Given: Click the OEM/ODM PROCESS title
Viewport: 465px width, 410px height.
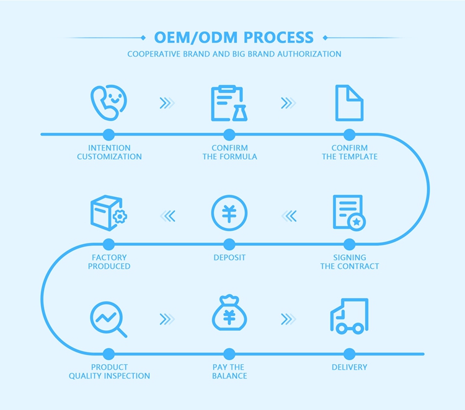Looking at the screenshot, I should tap(234, 37).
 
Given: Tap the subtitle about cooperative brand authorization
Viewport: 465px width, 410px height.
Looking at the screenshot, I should tap(234, 54).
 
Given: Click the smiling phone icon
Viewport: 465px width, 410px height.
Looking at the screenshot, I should tap(108, 103).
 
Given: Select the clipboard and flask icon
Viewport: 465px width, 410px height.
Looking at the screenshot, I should tap(229, 103).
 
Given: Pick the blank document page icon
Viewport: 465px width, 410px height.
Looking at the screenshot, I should tap(349, 103).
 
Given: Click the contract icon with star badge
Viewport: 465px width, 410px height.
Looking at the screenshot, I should tap(349, 213).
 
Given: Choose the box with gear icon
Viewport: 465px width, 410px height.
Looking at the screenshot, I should tap(108, 213).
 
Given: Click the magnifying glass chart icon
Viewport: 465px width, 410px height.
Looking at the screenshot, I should tap(108, 319).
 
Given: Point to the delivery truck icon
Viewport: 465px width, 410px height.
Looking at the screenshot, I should tap(348, 316).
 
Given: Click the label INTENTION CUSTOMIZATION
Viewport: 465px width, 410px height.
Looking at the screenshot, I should tap(109, 152).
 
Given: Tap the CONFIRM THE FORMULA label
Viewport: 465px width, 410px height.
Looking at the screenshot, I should tap(229, 152).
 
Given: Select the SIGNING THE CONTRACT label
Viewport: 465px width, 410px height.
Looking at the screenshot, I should tap(350, 262).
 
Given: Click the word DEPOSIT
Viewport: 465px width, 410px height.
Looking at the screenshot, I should tap(229, 258).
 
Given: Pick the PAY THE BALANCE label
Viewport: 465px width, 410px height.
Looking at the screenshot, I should tap(229, 372).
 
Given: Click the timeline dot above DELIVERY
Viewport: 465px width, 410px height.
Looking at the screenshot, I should tap(349, 354).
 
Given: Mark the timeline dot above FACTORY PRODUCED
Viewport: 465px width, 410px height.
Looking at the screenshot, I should tap(109, 244).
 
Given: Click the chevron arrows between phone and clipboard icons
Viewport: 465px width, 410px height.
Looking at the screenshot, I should tap(167, 103).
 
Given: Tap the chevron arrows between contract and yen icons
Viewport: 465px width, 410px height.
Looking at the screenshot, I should tap(290, 216).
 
